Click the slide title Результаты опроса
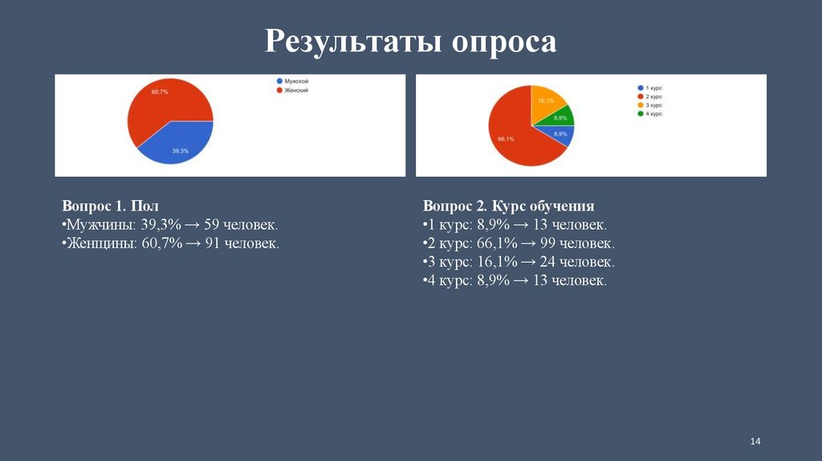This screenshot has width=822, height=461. [x=410, y=41]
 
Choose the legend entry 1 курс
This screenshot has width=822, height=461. [x=650, y=88]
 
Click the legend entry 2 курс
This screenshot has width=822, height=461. [x=650, y=96]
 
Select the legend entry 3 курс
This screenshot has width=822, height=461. [x=650, y=105]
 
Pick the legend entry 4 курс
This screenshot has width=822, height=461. [x=650, y=114]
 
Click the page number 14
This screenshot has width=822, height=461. [x=755, y=442]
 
